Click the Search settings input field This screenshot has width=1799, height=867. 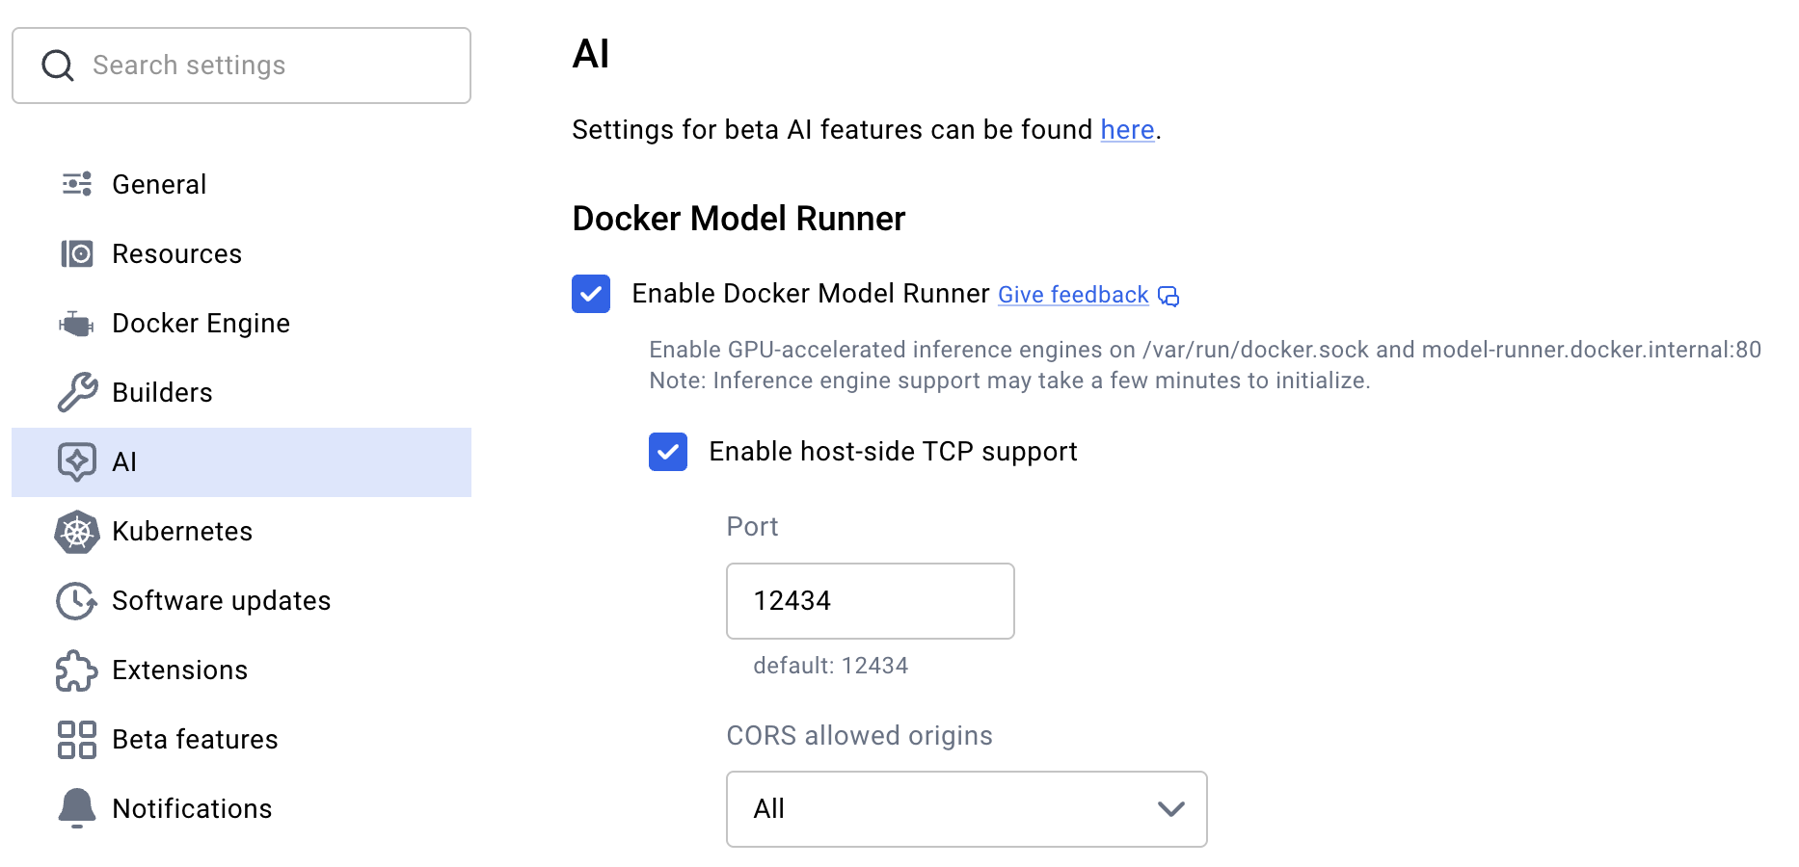260,66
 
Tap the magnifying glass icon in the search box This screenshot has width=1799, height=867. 58,66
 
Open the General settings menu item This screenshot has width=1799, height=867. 159,184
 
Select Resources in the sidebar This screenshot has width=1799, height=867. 176,253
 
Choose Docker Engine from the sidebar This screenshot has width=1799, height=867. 201,323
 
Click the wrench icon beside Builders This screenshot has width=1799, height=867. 77,392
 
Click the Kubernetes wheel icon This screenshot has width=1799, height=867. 77,532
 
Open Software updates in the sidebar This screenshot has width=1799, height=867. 221,600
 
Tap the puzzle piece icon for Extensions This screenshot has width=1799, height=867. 77,670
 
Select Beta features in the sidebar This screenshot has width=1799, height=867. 195,739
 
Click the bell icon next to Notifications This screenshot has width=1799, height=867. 77,808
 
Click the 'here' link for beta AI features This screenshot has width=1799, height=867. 1127,130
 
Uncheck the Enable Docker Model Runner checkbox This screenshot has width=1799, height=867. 591,294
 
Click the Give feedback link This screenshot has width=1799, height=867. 1073,295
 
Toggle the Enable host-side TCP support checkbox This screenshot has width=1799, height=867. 668,452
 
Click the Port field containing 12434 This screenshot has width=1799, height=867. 870,601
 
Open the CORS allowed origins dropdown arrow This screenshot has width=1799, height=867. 1170,809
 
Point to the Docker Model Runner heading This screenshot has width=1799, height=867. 738,219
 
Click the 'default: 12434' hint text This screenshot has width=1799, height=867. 830,666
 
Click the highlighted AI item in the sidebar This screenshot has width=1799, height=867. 241,462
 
